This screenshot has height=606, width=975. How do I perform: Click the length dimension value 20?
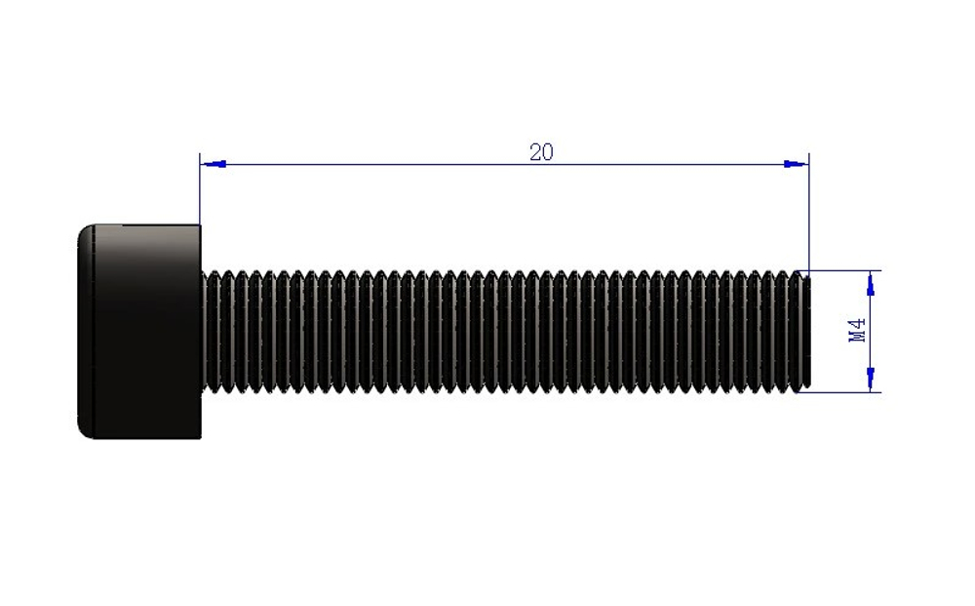tap(541, 152)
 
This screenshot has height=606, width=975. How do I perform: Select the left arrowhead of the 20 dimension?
tap(213, 164)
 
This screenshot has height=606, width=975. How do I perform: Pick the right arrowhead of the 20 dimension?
tap(796, 164)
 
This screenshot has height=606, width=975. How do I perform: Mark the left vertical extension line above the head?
tap(200, 189)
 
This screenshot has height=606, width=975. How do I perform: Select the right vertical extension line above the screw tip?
tap(809, 212)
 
